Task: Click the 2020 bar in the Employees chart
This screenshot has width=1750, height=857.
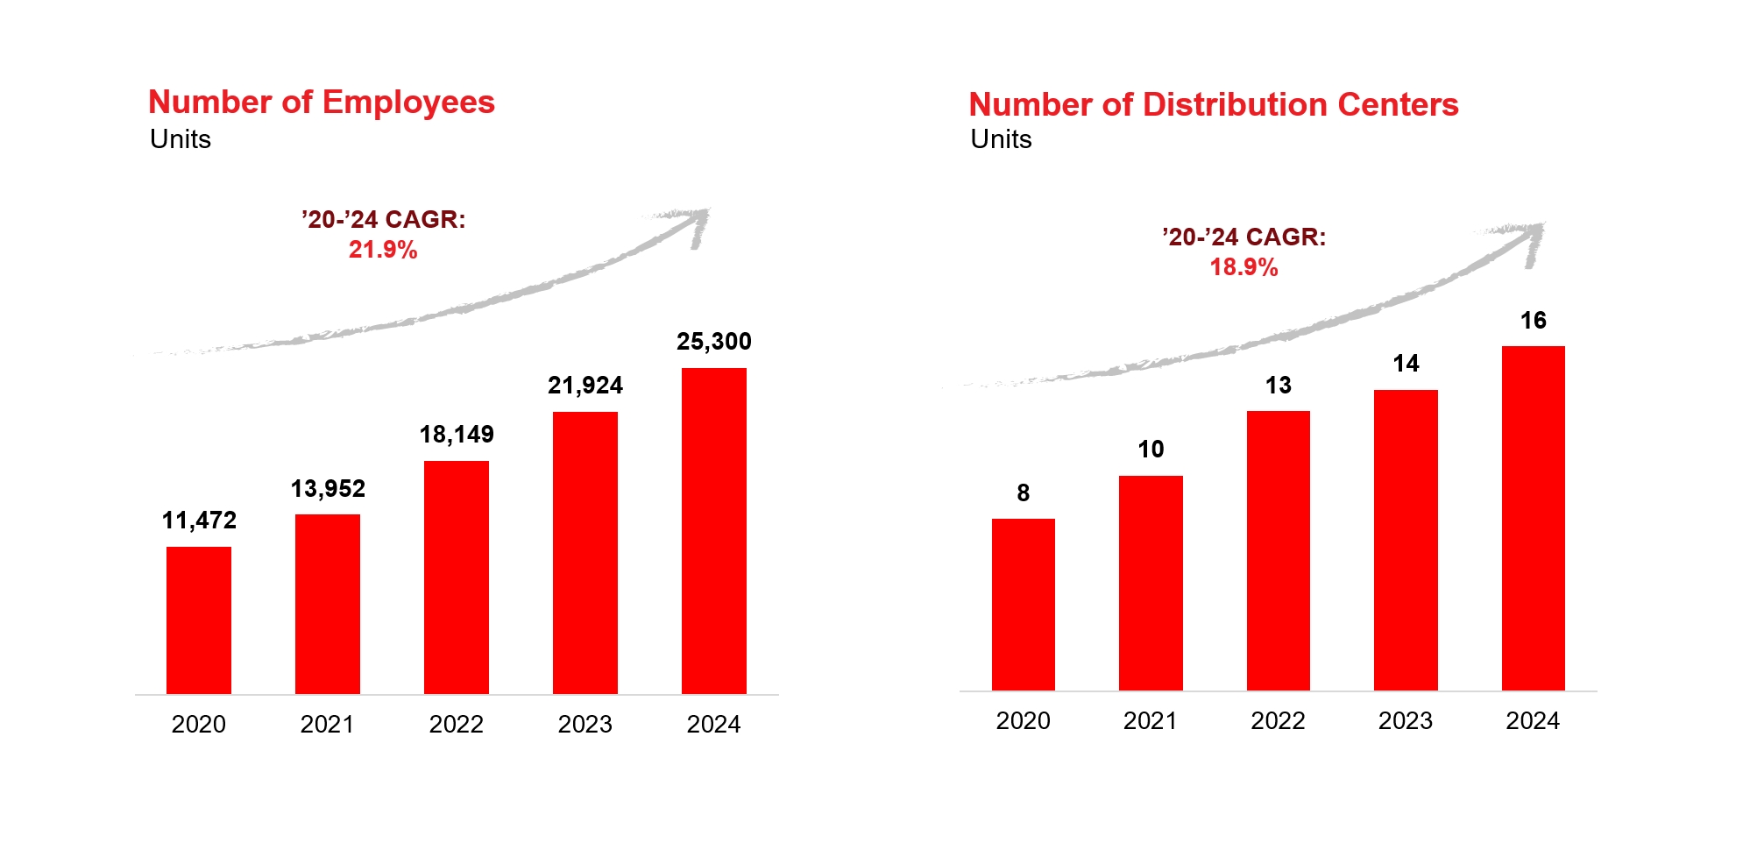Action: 199,620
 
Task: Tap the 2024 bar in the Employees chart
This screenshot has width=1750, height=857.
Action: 713,530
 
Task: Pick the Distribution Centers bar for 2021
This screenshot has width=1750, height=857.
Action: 1151,583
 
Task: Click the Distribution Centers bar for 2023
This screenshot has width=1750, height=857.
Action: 1406,540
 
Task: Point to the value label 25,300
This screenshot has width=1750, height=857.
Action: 713,342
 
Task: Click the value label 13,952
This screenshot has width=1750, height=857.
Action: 328,489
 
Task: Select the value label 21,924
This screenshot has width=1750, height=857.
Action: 585,386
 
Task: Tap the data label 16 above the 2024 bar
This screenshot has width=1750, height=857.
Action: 1533,321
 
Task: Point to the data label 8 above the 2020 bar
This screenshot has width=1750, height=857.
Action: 1023,493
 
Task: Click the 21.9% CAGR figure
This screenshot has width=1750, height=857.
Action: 383,250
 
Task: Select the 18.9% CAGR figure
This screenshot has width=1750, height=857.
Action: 1243,267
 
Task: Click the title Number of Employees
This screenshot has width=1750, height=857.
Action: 322,103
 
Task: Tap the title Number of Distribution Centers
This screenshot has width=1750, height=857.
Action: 1213,105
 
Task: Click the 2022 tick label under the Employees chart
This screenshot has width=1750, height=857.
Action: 456,725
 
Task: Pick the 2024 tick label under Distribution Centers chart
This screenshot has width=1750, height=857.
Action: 1533,721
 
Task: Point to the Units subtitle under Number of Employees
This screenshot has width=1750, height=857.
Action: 181,139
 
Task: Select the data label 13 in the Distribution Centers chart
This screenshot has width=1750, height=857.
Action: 1278,386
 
